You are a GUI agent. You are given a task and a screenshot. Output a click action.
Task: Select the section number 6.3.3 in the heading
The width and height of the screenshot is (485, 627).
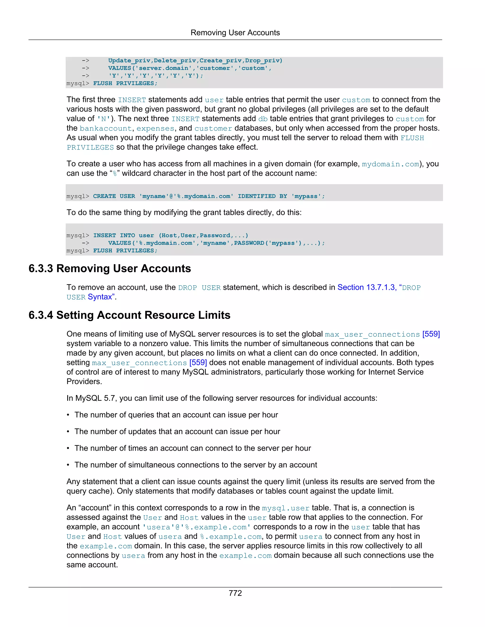click(41, 269)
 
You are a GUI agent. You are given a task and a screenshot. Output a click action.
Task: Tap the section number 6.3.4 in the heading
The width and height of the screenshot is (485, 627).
click(41, 315)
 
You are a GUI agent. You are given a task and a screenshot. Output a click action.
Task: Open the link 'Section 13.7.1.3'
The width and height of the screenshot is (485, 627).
click(366, 287)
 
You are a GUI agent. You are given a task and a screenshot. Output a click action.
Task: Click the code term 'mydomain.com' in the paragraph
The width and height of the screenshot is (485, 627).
click(390, 164)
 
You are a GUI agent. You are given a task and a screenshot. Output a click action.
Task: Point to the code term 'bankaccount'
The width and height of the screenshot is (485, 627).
click(105, 128)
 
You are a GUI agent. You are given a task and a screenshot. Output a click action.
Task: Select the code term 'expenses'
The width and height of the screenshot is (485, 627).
click(155, 128)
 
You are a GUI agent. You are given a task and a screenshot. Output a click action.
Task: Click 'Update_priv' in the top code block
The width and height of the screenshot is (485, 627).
click(129, 61)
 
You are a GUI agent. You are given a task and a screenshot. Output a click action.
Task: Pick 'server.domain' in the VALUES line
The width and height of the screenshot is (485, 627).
click(163, 68)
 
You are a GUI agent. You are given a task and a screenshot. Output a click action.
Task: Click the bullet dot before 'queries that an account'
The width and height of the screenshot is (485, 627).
click(68, 415)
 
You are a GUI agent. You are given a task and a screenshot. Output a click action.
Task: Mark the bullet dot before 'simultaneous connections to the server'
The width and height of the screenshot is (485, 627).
click(68, 465)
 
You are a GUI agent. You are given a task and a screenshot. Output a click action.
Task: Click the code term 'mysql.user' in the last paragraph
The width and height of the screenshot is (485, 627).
click(286, 508)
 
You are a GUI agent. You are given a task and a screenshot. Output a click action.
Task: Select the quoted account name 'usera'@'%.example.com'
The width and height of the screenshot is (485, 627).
click(197, 527)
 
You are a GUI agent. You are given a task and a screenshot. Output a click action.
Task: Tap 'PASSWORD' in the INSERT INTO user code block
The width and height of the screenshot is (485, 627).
click(249, 243)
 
